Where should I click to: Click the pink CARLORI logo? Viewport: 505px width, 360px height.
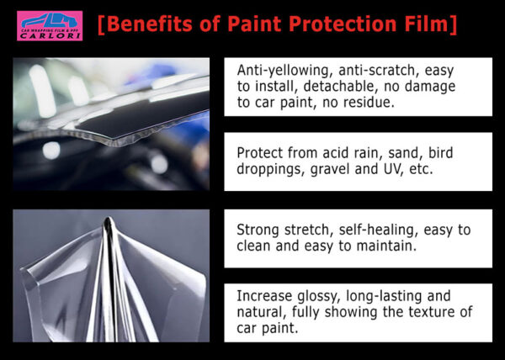[50, 26]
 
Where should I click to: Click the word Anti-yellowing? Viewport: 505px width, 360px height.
[284, 71]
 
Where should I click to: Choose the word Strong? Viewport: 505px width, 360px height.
[258, 230]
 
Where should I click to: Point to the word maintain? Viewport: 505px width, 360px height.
[386, 246]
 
